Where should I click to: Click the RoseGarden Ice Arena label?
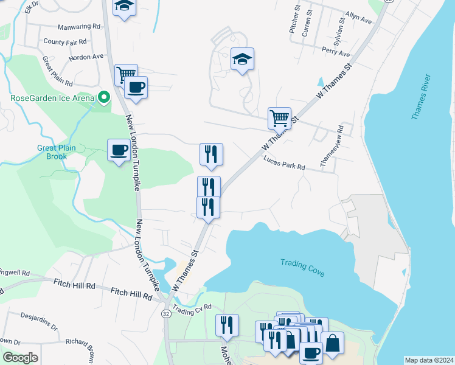(x=52, y=98)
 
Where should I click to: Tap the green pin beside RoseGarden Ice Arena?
(x=104, y=97)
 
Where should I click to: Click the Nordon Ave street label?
(x=86, y=57)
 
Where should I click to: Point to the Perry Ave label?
(x=336, y=54)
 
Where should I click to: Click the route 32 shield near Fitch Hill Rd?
(x=165, y=313)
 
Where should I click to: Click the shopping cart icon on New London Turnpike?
(x=125, y=75)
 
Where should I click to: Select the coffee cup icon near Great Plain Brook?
(x=118, y=150)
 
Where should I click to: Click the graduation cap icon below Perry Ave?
(x=242, y=60)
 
